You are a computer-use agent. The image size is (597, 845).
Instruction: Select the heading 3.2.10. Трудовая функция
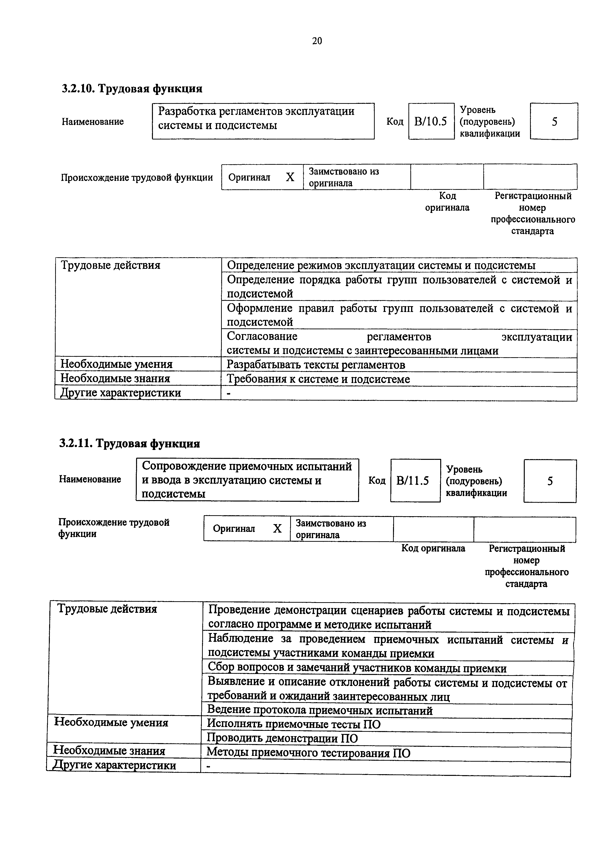132,89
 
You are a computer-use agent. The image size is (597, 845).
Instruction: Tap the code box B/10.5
431,121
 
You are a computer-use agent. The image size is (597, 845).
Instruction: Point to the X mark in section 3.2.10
290,177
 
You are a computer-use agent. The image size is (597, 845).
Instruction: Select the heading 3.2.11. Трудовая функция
130,443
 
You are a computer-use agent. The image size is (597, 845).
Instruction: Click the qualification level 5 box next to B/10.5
554,121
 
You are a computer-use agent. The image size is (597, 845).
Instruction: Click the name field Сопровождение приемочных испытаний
247,480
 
